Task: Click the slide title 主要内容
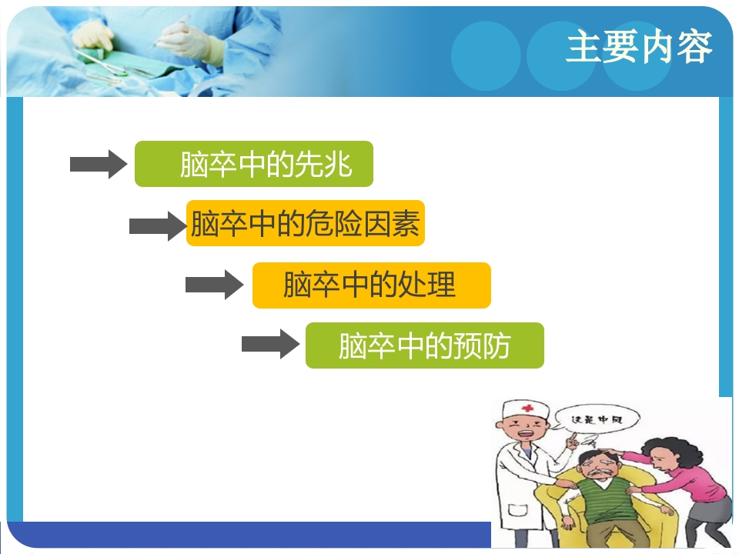click(638, 48)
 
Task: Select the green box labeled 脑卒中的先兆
click(254, 164)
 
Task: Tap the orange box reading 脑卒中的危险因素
click(306, 224)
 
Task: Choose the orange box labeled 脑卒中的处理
click(371, 285)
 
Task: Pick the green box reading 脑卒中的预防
click(424, 345)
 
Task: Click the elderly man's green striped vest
click(604, 512)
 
